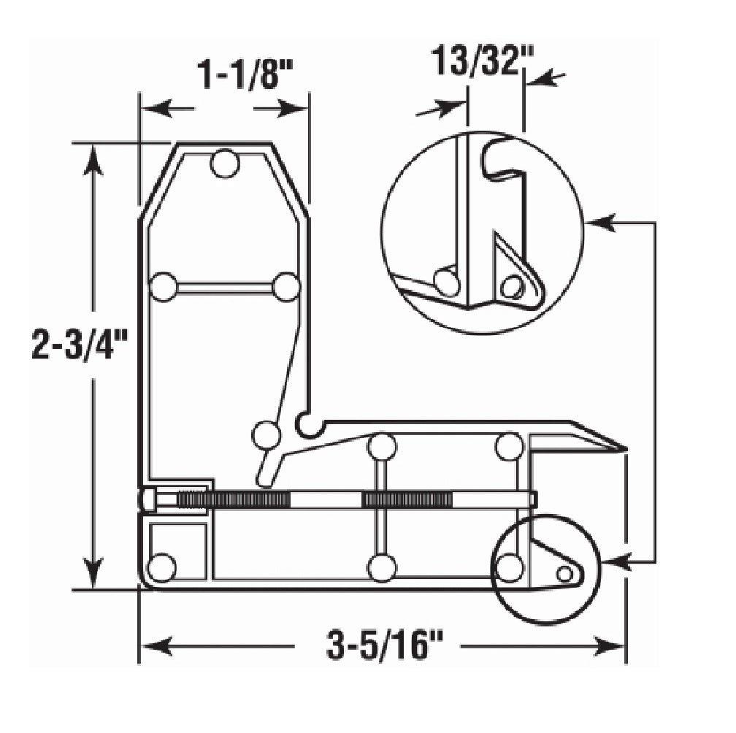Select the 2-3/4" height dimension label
point(80,345)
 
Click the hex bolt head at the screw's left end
point(148,499)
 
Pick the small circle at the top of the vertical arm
point(225,164)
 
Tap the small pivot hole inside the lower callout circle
point(564,573)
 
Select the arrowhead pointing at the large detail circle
point(600,223)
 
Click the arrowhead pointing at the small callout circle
point(616,561)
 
